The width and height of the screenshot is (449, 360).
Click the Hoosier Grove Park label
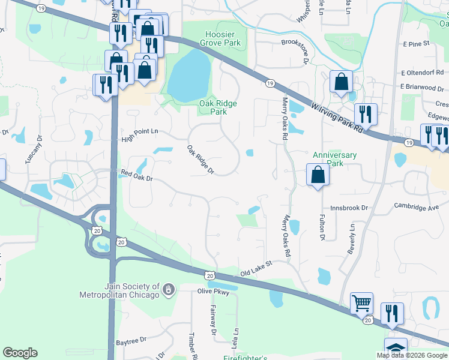tap(214, 39)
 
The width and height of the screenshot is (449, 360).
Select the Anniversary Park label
tap(335, 159)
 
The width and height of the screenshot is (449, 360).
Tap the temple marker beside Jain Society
tap(169, 290)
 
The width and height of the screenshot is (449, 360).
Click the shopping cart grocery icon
tap(362, 304)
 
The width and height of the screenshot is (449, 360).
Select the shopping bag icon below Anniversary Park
tap(318, 175)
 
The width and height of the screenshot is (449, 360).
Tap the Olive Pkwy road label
tap(214, 292)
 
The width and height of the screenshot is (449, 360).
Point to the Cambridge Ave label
tap(417, 207)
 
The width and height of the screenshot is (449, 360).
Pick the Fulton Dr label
tap(322, 227)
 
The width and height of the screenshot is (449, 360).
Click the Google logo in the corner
tap(20, 353)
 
